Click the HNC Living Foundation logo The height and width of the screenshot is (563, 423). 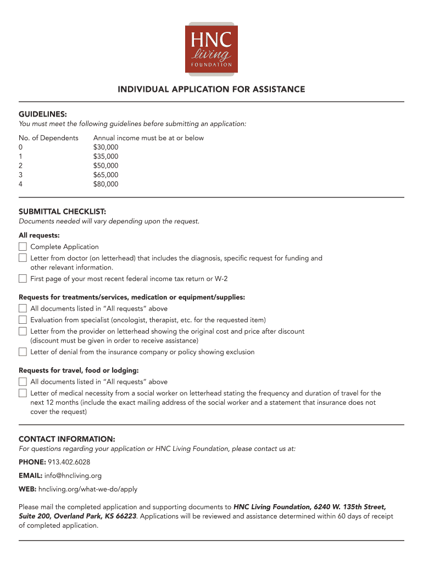point(211,48)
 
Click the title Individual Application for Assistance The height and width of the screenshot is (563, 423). point(211,89)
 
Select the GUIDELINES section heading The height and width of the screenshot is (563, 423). point(43,114)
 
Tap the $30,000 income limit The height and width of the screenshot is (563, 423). point(105,147)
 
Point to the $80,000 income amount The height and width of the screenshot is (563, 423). point(105,184)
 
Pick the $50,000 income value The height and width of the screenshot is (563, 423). point(105,165)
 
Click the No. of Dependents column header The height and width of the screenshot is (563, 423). point(48,138)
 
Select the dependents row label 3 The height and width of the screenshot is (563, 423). point(21,175)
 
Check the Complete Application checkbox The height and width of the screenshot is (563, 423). point(23,246)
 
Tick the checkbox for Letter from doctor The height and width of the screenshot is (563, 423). point(23,257)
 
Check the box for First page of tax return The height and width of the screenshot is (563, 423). point(23,278)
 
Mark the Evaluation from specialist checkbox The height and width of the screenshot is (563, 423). point(23,319)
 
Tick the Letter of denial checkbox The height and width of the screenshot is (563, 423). point(23,351)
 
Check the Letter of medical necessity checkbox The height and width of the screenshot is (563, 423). point(23,393)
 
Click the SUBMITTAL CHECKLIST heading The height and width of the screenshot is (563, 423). point(62,211)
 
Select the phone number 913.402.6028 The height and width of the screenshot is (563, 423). point(69,462)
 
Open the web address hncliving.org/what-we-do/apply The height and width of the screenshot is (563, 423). point(87,489)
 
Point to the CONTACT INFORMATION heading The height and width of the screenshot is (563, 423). point(66,439)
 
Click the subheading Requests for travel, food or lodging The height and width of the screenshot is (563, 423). point(79,371)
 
